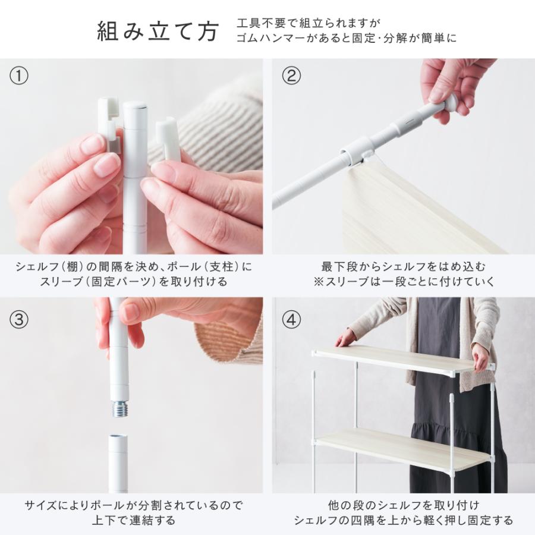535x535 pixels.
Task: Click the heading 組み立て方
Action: [x=158, y=32]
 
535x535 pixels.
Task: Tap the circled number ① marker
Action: [x=19, y=75]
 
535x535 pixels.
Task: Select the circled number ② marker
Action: [x=291, y=75]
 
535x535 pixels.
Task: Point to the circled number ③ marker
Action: [x=19, y=320]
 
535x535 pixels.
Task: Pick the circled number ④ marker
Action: [x=291, y=320]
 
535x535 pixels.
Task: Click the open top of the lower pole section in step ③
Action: [x=118, y=437]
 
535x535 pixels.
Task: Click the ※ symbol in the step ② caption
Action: [x=319, y=282]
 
